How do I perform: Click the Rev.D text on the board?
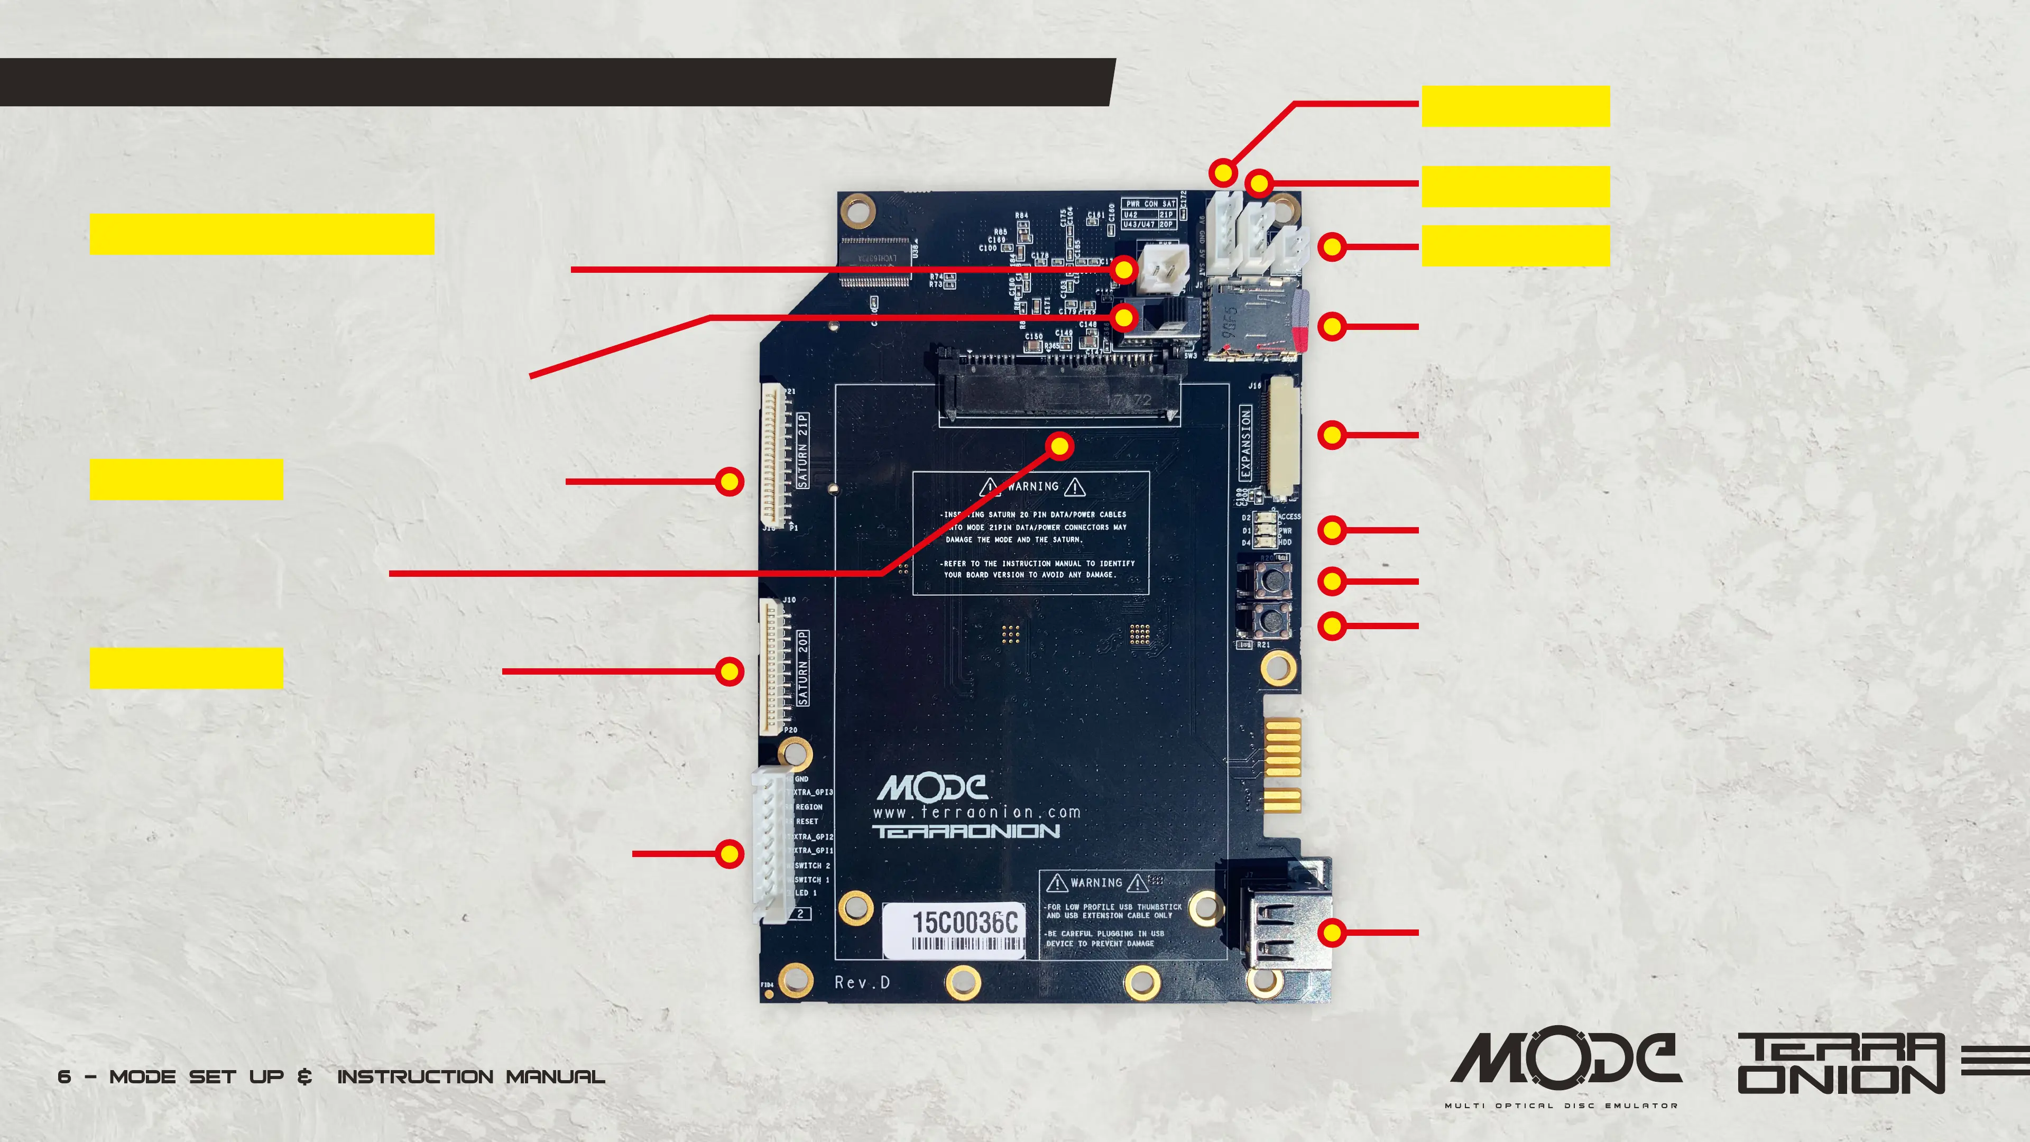[862, 982]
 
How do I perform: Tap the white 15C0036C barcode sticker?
[954, 931]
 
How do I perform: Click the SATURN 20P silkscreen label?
[803, 668]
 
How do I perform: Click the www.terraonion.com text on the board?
[976, 812]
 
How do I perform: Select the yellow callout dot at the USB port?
[1332, 932]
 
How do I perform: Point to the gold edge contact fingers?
[1282, 765]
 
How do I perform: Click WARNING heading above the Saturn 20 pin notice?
[1032, 487]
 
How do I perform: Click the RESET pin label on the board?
[807, 821]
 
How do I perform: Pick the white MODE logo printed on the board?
[931, 787]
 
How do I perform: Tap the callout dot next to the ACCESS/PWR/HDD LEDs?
[1332, 530]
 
